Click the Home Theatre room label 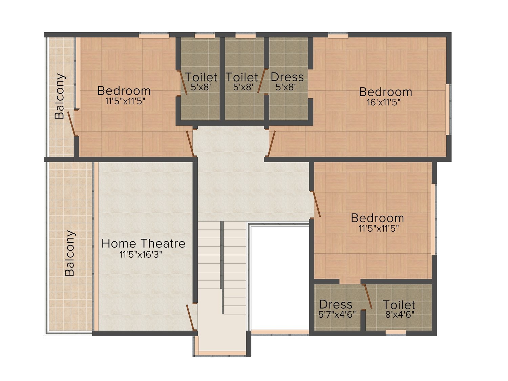[143, 244]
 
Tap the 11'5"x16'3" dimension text [141, 254]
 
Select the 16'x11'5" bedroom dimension [383, 102]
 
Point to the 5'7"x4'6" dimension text [337, 315]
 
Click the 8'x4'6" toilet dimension [400, 315]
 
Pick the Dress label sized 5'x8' [287, 77]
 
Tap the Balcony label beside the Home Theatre [69, 253]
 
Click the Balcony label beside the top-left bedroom [60, 96]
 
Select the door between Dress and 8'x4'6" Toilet [368, 297]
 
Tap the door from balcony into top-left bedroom [71, 124]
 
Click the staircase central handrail [222, 268]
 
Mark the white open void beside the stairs [280, 278]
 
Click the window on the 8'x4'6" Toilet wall [396, 332]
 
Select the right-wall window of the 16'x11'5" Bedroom [448, 109]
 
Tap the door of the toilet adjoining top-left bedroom [184, 83]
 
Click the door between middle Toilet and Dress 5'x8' [261, 81]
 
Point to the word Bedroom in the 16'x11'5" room [385, 92]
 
